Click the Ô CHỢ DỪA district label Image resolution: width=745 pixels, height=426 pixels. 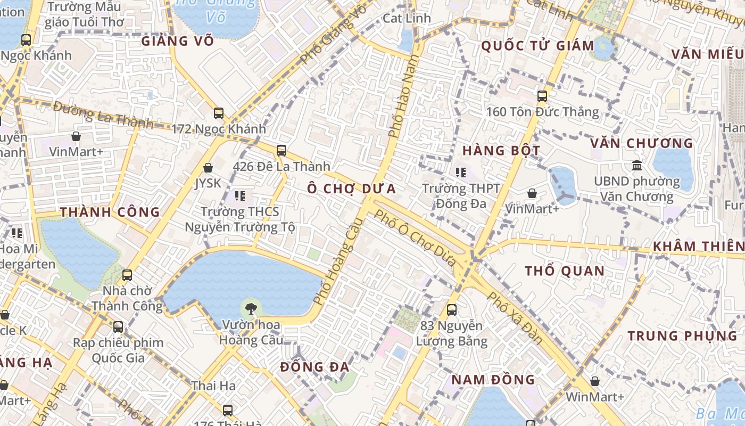tap(352, 189)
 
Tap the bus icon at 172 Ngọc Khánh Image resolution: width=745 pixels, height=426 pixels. tap(219, 113)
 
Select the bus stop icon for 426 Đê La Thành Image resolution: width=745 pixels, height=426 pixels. tap(282, 151)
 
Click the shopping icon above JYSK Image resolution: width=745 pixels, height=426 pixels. tap(208, 168)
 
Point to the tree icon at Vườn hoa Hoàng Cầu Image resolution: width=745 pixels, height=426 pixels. tap(251, 307)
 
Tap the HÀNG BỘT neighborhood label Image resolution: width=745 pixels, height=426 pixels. tap(501, 151)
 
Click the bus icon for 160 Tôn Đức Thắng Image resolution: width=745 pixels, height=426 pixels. tap(542, 96)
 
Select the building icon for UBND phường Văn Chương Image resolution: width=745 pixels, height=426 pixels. tap(636, 166)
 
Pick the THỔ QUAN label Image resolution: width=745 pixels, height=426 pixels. tap(565, 271)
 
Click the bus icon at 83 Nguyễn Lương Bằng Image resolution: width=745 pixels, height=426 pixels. tap(452, 309)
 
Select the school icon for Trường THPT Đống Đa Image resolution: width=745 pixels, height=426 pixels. tap(461, 172)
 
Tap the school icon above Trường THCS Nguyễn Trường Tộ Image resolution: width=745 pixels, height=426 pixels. tap(240, 196)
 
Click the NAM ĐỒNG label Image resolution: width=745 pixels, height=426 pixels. tap(493, 380)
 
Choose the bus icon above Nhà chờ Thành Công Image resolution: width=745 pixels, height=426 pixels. tap(127, 275)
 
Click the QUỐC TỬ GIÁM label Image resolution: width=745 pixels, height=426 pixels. tap(537, 46)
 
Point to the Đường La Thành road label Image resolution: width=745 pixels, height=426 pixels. tap(103, 116)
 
